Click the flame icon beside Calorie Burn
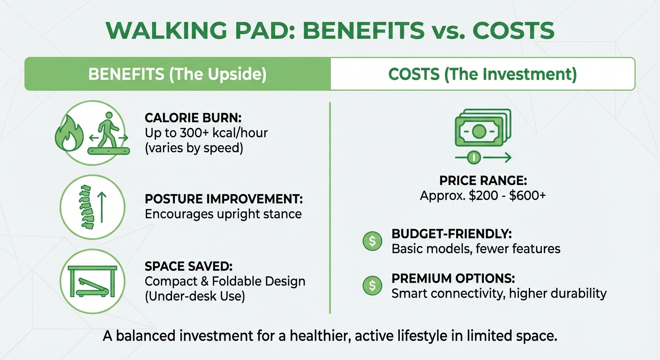(67, 135)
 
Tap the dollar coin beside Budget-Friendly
(373, 241)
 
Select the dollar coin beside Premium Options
(373, 285)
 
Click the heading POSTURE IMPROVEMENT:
(224, 199)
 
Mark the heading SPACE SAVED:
(188, 266)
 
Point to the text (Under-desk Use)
(195, 297)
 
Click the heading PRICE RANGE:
(482, 180)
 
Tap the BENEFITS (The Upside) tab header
(178, 75)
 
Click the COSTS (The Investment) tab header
(482, 75)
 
